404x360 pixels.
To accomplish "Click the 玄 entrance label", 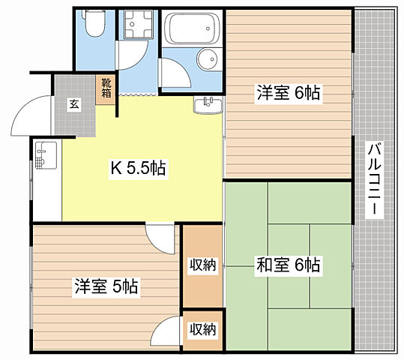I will pos(75,105).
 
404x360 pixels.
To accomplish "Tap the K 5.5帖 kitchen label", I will pos(139,169).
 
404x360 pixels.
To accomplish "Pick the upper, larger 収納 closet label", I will pos(202,264).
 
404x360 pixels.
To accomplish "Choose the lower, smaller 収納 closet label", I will pos(202,328).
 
